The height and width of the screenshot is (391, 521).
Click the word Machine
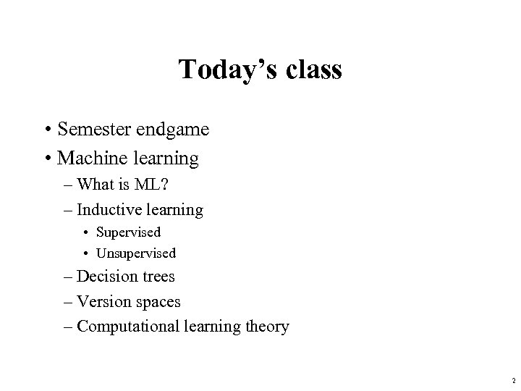pos(88,157)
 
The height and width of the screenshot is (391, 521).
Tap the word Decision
pos(106,276)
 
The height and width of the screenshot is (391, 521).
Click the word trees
pos(157,277)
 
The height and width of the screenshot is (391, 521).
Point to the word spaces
pos(157,302)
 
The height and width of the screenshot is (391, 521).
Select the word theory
pos(267,327)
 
